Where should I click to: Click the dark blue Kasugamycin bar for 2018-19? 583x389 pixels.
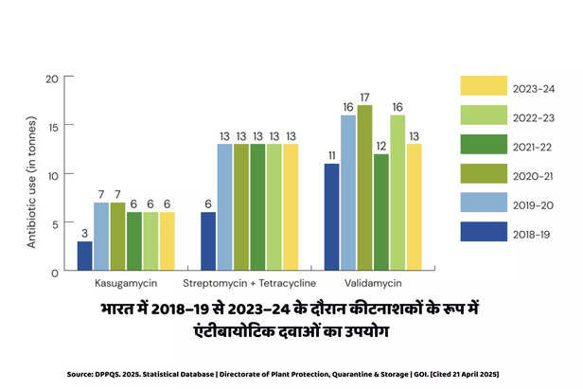pyautogui.click(x=85, y=256)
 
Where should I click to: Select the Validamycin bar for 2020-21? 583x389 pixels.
pyautogui.click(x=365, y=188)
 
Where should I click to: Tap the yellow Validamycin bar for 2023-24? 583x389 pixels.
pyautogui.click(x=413, y=207)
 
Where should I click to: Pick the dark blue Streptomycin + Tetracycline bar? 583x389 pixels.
pyautogui.click(x=208, y=241)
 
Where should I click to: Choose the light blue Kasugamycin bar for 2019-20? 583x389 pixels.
pyautogui.click(x=101, y=237)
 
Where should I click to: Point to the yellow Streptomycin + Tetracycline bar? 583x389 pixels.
pyautogui.click(x=289, y=207)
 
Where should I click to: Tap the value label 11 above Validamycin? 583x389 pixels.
pyautogui.click(x=332, y=154)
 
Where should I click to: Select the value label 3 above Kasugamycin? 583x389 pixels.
pyautogui.click(x=85, y=232)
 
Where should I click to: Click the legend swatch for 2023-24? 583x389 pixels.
pyautogui.click(x=484, y=88)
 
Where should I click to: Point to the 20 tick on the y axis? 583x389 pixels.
pyautogui.click(x=53, y=78)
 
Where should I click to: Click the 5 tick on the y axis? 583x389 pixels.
pyautogui.click(x=56, y=222)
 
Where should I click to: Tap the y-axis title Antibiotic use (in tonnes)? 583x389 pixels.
pyautogui.click(x=31, y=174)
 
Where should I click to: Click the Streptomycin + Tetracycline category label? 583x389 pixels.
pyautogui.click(x=248, y=283)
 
